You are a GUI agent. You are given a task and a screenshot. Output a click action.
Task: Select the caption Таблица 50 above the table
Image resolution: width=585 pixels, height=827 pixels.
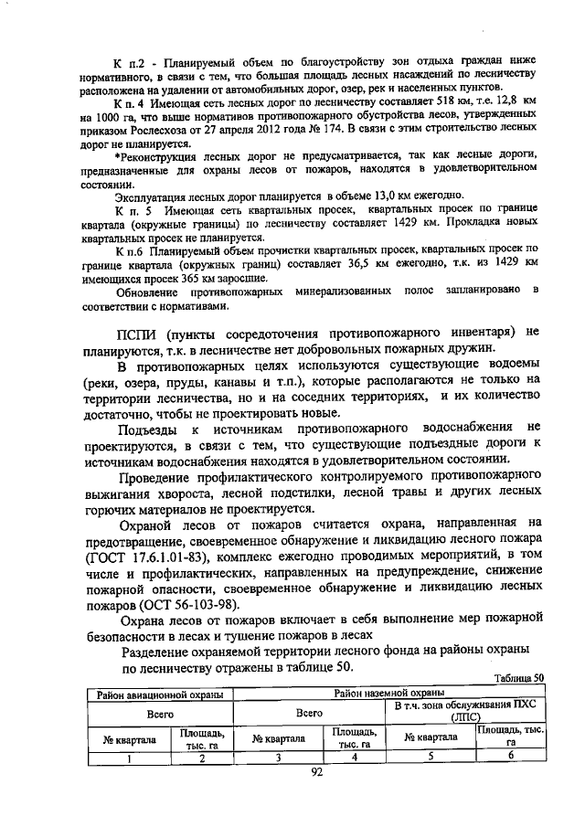(x=518, y=678)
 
